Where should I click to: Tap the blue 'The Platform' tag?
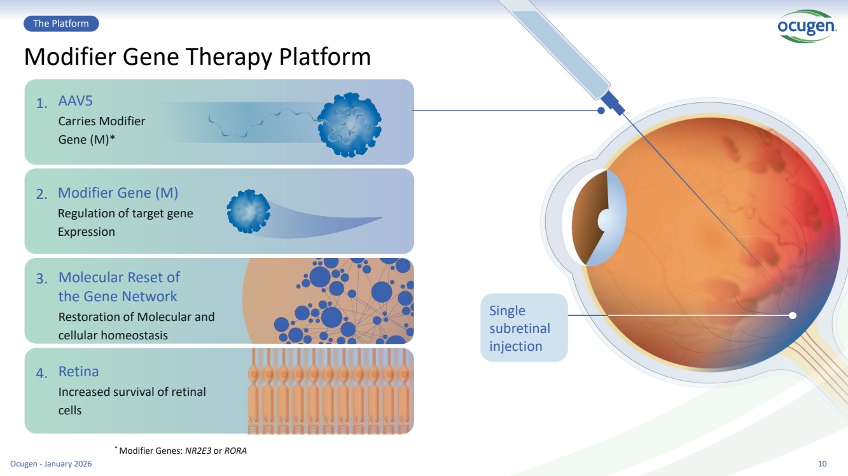point(61,24)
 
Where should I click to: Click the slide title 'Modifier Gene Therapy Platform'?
point(197,57)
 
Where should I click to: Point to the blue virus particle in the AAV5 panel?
point(349,124)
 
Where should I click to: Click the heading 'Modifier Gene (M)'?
point(118,193)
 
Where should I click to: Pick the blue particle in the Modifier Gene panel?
point(248,211)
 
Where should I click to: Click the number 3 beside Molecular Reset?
point(41,279)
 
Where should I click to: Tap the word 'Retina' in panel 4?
point(79,371)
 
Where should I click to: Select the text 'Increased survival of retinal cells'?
point(132,401)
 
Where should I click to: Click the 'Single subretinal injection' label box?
point(524,328)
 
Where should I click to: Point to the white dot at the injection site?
point(793,315)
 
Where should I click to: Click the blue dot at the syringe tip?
point(601,110)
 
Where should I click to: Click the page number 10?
point(822,464)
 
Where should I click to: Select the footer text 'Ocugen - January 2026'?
point(51,464)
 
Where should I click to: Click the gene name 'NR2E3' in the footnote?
point(198,451)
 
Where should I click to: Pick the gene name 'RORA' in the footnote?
point(235,451)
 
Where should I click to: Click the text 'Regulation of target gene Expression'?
point(125,222)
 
